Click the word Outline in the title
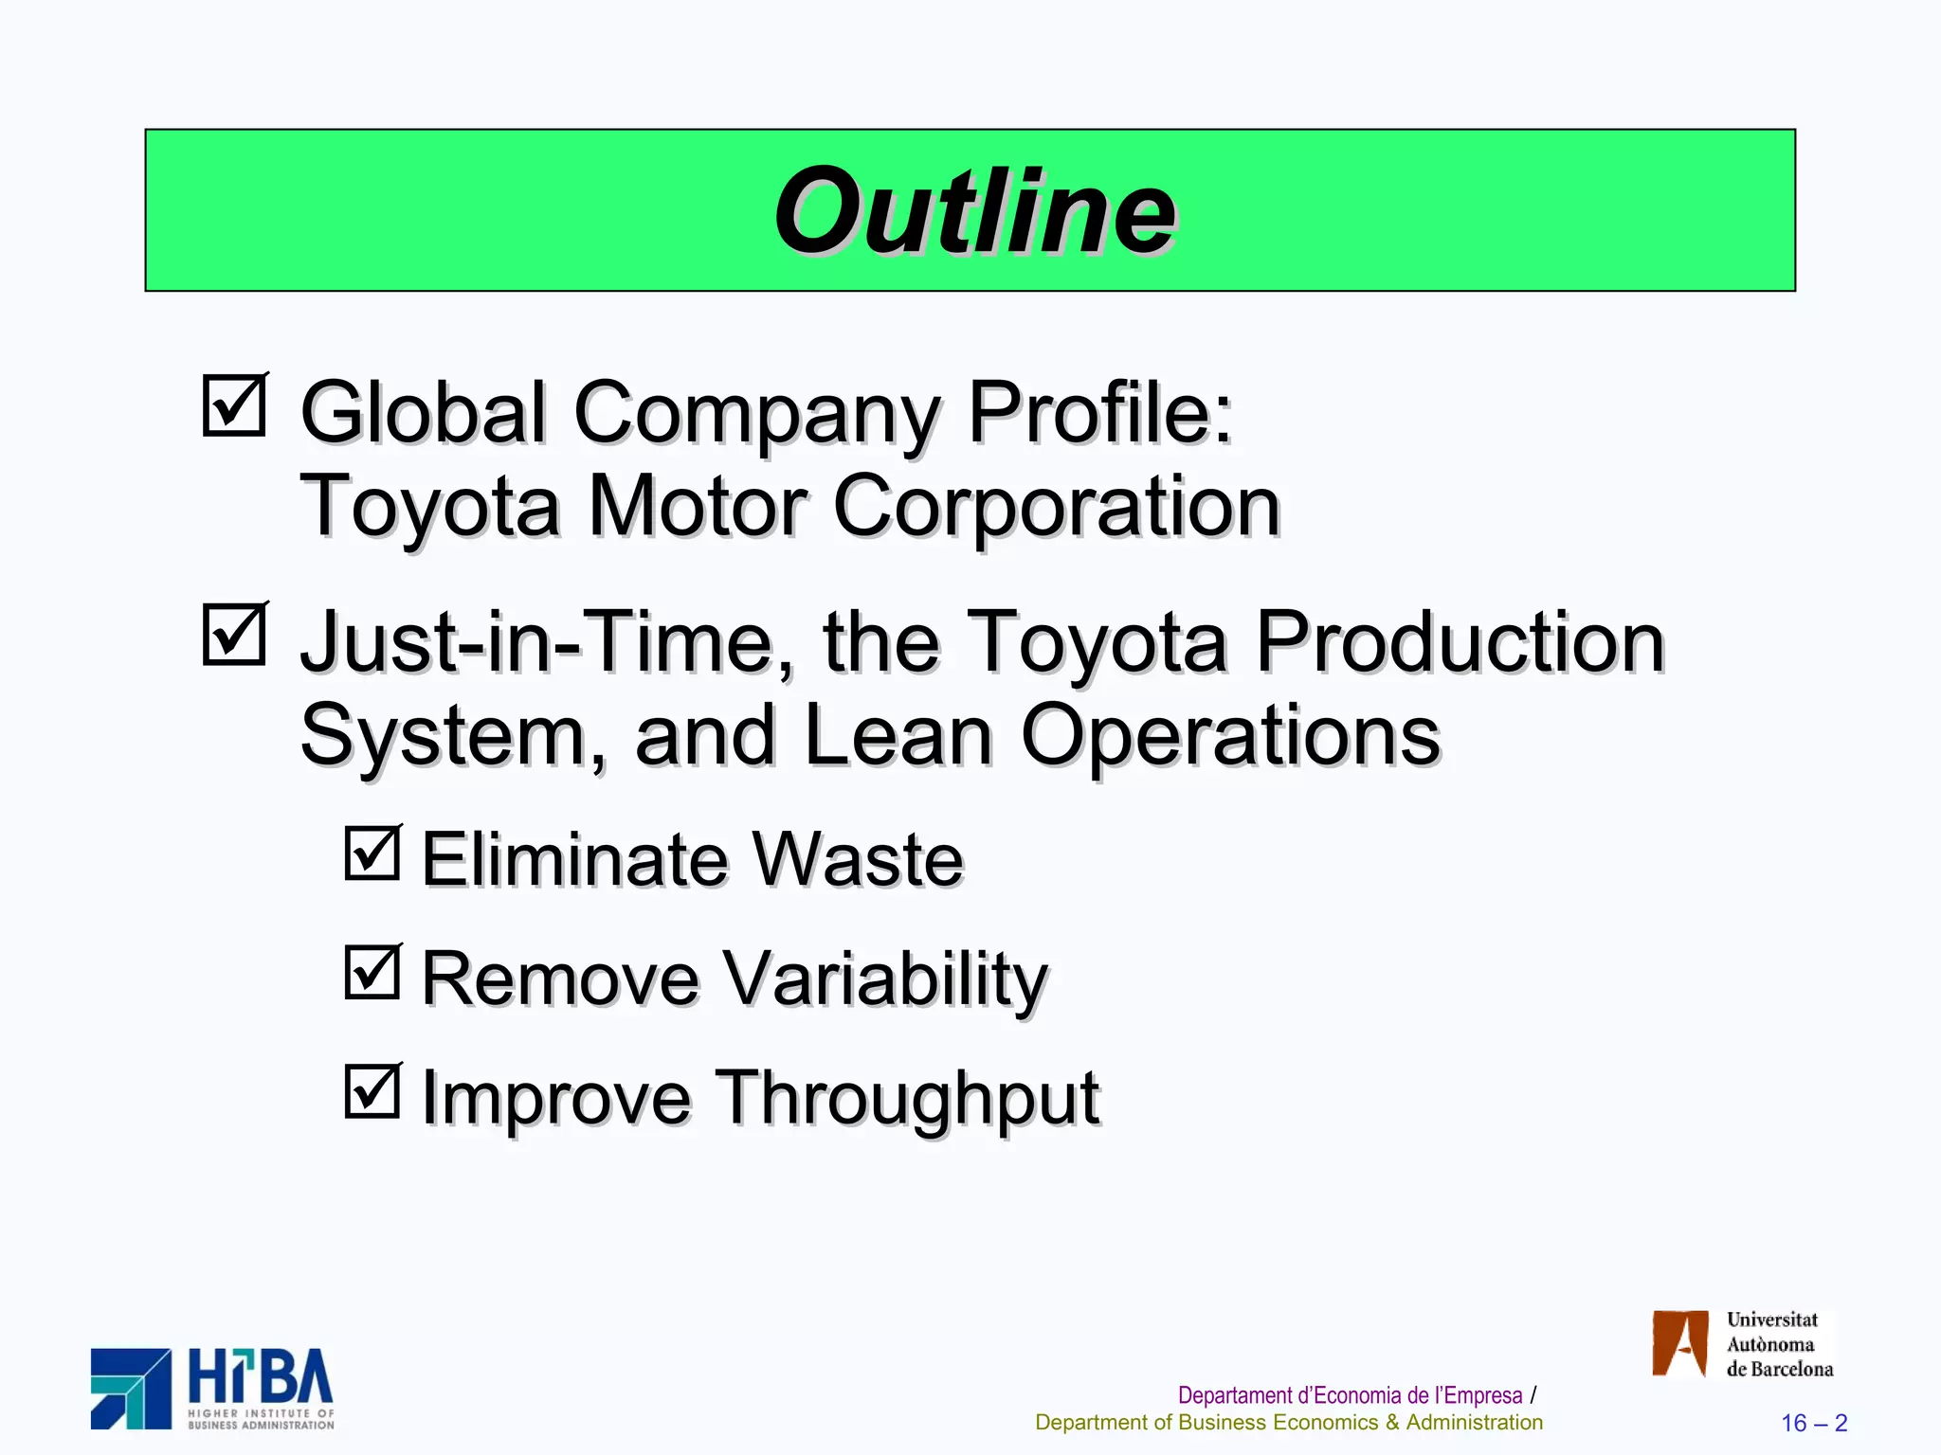click(x=974, y=211)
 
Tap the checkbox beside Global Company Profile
click(x=234, y=405)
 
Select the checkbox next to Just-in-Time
click(x=234, y=635)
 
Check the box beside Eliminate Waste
click(x=372, y=853)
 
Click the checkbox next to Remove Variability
click(x=372, y=972)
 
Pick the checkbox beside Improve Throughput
click(x=372, y=1090)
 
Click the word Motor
click(x=698, y=507)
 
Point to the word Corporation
click(x=1056, y=507)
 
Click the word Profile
click(x=1099, y=413)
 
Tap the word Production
click(x=1460, y=642)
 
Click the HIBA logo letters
click(x=261, y=1377)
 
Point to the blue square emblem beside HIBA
click(x=131, y=1389)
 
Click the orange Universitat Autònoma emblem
click(x=1679, y=1343)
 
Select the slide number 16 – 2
click(x=1814, y=1423)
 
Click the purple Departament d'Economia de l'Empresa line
click(x=1350, y=1395)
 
